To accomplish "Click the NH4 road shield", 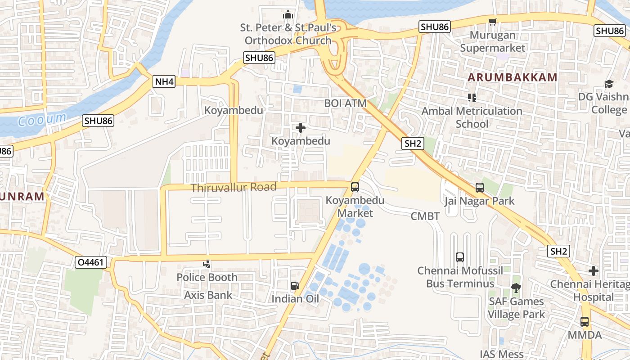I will click(164, 82).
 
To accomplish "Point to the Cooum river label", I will click(42, 120).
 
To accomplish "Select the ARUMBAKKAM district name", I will click(513, 77).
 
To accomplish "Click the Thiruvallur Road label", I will click(234, 187).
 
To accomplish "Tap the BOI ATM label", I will click(346, 103).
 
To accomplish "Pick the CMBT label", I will click(425, 216).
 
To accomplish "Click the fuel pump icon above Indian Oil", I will click(295, 285).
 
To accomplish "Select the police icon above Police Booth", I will click(207, 264).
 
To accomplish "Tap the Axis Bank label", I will click(208, 295).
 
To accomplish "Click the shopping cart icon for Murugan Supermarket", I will click(493, 22).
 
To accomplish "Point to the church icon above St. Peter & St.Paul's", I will click(288, 14).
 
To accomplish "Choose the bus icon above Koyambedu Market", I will click(355, 187).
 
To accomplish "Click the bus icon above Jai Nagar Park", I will click(480, 188).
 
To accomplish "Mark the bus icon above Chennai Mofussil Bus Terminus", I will click(460, 257).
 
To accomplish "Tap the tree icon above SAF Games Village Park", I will click(516, 288).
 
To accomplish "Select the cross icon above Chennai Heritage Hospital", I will click(594, 271).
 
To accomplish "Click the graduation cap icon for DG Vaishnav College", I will click(609, 84).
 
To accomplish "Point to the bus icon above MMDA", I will click(585, 322).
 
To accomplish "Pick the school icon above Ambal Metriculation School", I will click(472, 97).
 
